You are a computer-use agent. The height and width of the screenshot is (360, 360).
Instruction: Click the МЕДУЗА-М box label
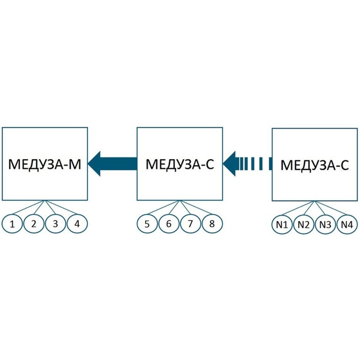(x=45, y=164)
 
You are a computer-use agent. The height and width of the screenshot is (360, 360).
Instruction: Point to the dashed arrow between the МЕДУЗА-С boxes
(x=247, y=164)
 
